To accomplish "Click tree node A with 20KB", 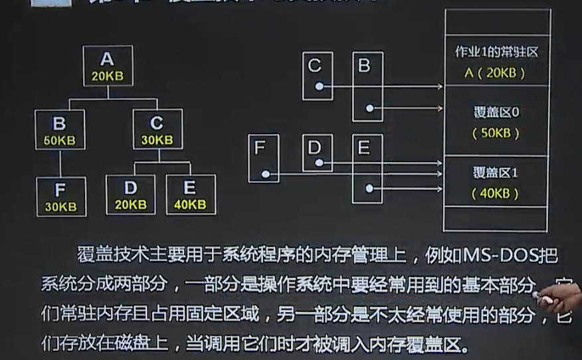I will (x=108, y=66).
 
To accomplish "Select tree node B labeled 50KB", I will (x=60, y=130).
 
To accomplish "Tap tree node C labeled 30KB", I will (x=157, y=130).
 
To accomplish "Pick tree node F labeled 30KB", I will (x=60, y=197).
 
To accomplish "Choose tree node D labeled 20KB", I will (x=130, y=195).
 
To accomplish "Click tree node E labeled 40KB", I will (x=190, y=195).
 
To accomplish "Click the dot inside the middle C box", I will (x=320, y=87).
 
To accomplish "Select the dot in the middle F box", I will (x=265, y=174).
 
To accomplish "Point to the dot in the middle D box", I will (x=320, y=162).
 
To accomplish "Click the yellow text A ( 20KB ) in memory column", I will (x=496, y=73).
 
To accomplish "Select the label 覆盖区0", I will (x=496, y=112).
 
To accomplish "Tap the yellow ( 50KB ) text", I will (x=496, y=133).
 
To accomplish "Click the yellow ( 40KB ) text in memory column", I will (x=496, y=193).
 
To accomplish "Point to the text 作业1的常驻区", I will (x=496, y=52).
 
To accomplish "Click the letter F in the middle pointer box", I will (x=260, y=147).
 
